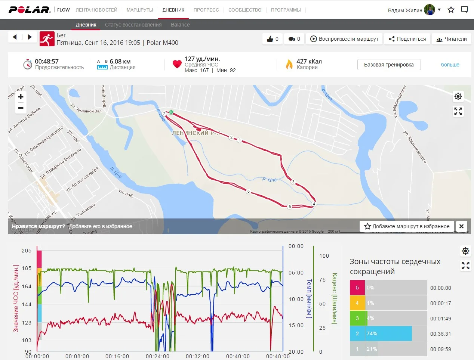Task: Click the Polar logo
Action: point(30,10)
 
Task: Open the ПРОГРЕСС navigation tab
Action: point(206,10)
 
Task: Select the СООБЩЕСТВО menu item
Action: point(245,10)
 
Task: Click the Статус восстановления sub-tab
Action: point(133,25)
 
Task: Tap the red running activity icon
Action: point(47,39)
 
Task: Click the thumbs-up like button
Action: point(273,39)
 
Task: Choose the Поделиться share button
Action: point(407,39)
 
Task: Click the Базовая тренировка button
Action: point(389,65)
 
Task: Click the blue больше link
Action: point(450,65)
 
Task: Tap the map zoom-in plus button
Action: point(21,97)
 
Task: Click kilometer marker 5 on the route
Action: point(290,207)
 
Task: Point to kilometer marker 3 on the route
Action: point(293,182)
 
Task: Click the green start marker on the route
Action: point(171,112)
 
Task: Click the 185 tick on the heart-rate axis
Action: point(27,268)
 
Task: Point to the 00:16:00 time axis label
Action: point(117,356)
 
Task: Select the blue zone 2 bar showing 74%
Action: point(381,333)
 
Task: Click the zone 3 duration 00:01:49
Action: point(440,319)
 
